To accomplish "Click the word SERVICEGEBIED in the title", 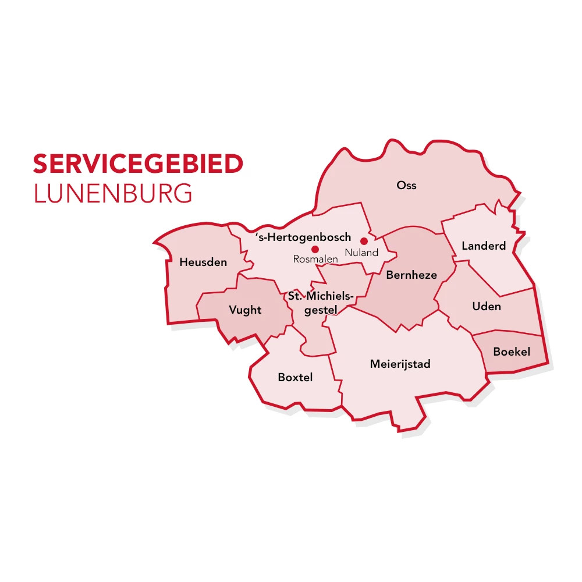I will point(138,165).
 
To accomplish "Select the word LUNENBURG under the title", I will point(113,194).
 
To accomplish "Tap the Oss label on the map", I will point(406,186).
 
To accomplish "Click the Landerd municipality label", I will point(484,246).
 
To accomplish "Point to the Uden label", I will point(487,306).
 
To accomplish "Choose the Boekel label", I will point(512,352).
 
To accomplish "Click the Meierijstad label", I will point(400,364).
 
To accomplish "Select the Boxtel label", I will point(295,378).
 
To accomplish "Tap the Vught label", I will point(245,310).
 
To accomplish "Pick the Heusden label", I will point(203,262).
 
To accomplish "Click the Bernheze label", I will point(411,275).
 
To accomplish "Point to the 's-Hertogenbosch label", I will point(303,237).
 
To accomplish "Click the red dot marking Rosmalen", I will point(315,249).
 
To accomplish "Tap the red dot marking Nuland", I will point(364,241).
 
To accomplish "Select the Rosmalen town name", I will point(315,260).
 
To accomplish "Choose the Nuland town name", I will point(361,253).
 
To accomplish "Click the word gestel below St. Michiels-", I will point(321,311).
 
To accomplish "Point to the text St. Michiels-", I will point(321,297).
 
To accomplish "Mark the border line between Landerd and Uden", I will point(495,280).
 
